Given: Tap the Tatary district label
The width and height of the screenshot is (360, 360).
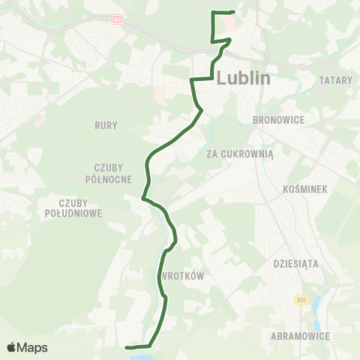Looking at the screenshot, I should pos(335,80).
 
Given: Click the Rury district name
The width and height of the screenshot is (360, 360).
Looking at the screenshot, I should pos(106,125).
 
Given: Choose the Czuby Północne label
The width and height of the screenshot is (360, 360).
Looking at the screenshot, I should pos(113,172).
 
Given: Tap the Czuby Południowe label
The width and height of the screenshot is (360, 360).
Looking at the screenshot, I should pos(84,208).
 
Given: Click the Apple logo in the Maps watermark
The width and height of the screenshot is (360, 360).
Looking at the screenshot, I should pos(11,347).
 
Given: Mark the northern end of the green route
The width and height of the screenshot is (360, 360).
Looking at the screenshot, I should pos(233,13).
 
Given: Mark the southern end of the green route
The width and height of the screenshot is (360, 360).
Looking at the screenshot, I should pos(127,347).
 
